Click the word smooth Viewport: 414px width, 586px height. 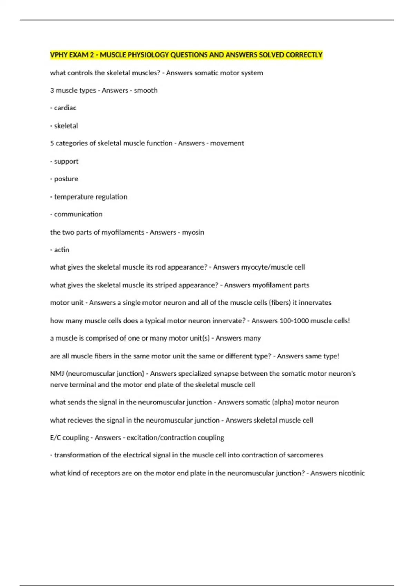(x=146, y=90)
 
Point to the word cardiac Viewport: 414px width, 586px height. (x=65, y=108)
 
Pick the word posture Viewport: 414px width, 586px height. (x=66, y=179)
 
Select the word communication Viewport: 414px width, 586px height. (x=78, y=214)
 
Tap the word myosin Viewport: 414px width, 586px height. (x=193, y=232)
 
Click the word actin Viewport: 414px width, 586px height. (x=62, y=250)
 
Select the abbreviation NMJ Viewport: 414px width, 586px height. (x=57, y=374)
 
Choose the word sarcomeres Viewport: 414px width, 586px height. (x=305, y=455)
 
